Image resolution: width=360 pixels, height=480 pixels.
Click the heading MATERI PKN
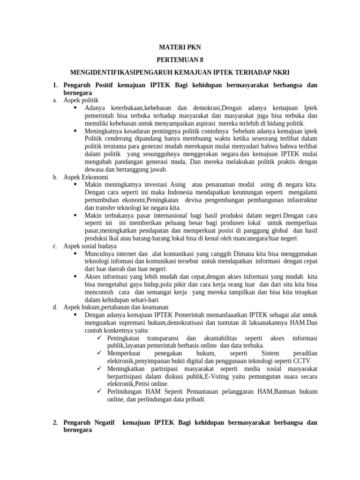(180, 48)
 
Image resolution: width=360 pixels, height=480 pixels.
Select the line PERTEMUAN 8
(180, 60)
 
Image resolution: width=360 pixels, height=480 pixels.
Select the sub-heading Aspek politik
(81, 100)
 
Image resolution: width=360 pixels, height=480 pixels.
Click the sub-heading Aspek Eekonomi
(86, 177)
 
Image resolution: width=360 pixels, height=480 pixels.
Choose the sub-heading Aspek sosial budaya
(90, 246)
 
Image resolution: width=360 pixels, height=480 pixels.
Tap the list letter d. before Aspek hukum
(55, 307)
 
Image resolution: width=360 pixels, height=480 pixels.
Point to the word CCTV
(301, 361)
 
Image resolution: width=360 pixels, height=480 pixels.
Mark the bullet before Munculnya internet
(77, 253)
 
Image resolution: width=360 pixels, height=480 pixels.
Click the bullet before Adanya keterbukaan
(77, 107)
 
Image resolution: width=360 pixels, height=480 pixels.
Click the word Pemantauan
(197, 391)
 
